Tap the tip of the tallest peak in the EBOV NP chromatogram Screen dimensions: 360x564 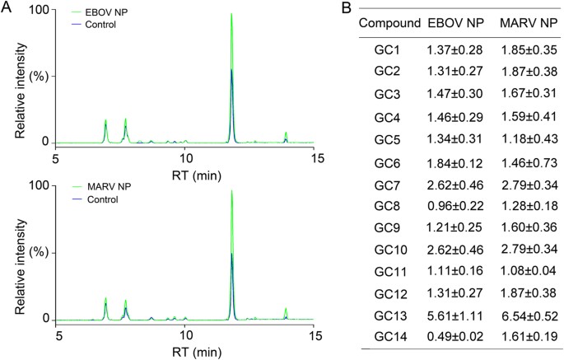pyautogui.click(x=231, y=14)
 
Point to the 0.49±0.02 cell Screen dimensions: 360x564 pyautogui.click(x=455, y=337)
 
